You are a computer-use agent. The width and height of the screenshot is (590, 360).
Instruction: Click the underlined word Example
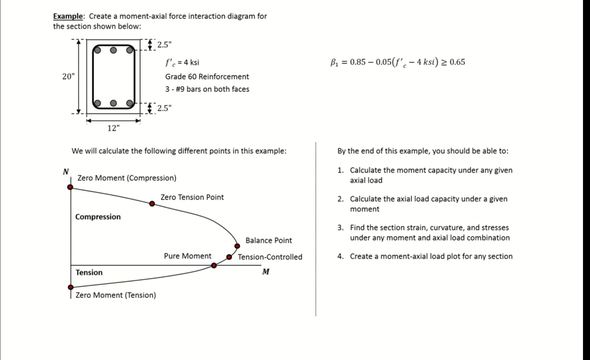click(x=68, y=16)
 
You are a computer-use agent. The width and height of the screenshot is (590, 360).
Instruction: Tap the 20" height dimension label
click(x=68, y=76)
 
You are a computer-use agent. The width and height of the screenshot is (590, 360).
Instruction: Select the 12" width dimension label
click(x=113, y=128)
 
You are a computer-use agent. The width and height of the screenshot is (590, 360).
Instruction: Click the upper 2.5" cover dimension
click(x=164, y=45)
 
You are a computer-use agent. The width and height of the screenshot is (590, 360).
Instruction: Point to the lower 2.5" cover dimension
click(x=164, y=108)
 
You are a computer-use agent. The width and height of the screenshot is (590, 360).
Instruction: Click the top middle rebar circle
click(x=114, y=50)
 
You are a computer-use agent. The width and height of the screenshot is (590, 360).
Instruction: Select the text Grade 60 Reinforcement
click(x=207, y=77)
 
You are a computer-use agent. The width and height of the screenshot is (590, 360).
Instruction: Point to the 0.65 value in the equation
click(x=457, y=62)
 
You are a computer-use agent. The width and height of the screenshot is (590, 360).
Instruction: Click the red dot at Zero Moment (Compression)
click(x=70, y=187)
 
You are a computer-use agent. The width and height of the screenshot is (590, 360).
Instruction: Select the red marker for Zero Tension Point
click(x=152, y=204)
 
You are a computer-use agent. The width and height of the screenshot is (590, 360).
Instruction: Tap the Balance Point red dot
click(x=237, y=246)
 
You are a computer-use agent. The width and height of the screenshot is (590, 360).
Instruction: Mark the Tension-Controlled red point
click(x=229, y=257)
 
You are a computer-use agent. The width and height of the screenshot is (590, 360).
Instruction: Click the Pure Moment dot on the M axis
click(x=214, y=266)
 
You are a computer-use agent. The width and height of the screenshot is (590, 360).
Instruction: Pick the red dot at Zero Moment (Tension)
click(x=70, y=287)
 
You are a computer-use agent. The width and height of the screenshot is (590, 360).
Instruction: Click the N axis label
click(x=66, y=171)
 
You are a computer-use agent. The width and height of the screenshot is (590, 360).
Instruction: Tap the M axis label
click(x=266, y=272)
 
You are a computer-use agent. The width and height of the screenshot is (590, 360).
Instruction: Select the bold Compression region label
click(x=98, y=217)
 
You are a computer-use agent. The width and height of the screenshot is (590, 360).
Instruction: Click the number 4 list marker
click(x=340, y=256)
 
